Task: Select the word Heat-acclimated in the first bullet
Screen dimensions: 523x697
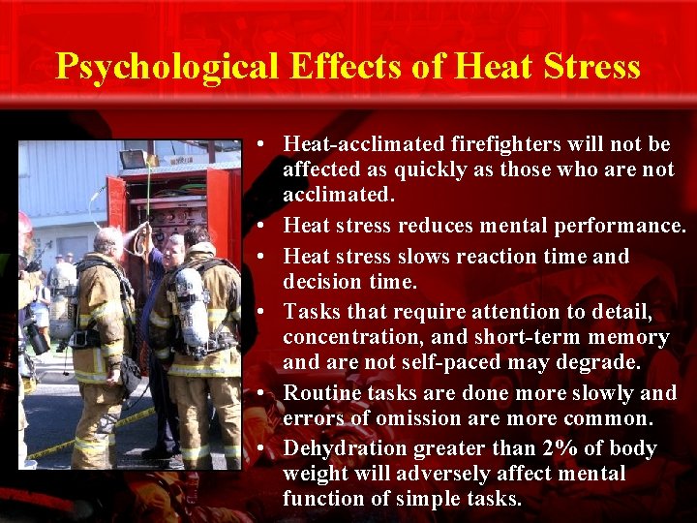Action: [x=364, y=144]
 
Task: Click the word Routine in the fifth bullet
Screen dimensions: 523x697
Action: [x=320, y=393]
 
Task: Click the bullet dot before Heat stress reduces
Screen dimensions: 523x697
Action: [x=263, y=227]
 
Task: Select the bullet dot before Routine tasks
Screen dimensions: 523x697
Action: [x=263, y=394]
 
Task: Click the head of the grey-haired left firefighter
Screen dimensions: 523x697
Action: [x=108, y=240]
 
